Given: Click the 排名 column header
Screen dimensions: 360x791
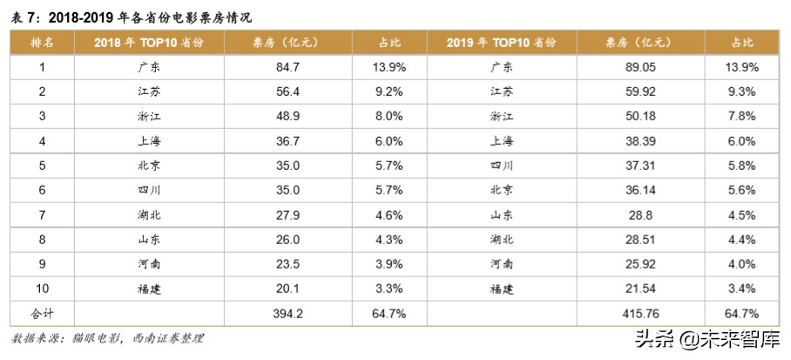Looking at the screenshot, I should (x=42, y=42).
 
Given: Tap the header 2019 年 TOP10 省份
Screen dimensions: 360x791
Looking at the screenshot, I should (x=507, y=42).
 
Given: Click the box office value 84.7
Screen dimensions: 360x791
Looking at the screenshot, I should (x=287, y=66).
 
